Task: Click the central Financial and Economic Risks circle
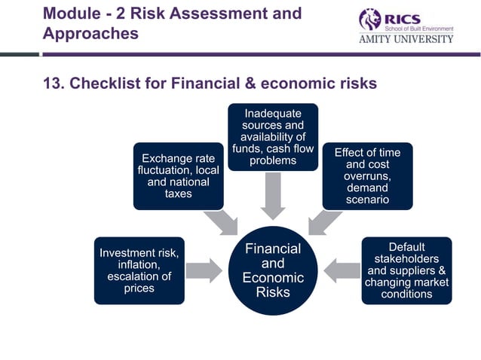[273, 270]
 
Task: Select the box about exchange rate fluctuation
[179, 175]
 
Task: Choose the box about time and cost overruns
[367, 175]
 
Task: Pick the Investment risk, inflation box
[139, 270]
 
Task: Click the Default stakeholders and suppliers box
[406, 270]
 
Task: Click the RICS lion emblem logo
[370, 19]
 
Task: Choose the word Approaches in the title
[91, 34]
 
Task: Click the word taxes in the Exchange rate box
[179, 194]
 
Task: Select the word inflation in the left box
[139, 264]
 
